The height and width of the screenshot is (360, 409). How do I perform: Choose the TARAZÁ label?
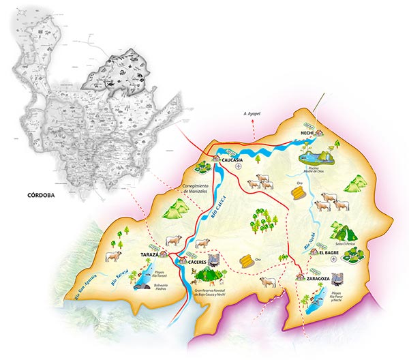(149, 254)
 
